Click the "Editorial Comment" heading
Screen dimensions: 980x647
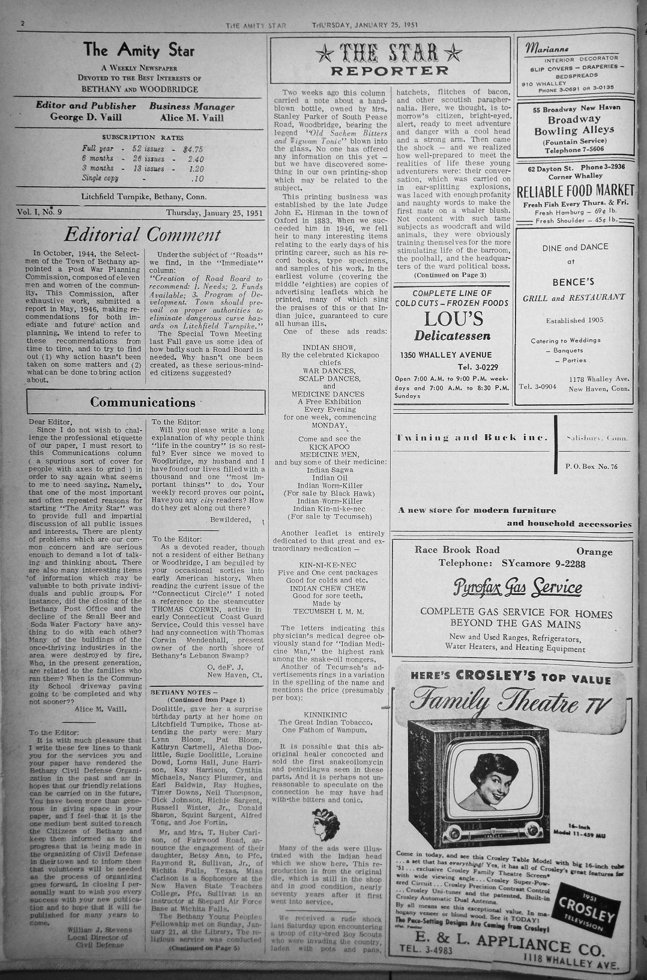click(x=142, y=234)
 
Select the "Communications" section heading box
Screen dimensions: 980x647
click(x=145, y=402)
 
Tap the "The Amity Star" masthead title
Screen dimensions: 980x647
click(x=139, y=49)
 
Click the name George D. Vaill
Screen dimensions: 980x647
click(x=86, y=118)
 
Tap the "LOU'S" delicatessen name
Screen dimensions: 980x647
click(x=453, y=319)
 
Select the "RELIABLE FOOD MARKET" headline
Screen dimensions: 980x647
click(x=575, y=192)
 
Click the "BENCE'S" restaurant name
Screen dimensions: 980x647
click(x=573, y=282)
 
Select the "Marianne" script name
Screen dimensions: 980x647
click(x=547, y=49)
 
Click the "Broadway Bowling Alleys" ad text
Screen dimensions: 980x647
click(x=574, y=124)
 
